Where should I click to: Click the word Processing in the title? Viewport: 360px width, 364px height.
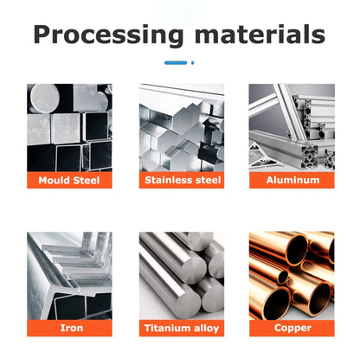108,35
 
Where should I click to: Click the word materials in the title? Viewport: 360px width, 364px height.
260,34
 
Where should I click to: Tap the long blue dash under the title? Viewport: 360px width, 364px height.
176,62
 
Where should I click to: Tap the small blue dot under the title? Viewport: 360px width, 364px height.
192,62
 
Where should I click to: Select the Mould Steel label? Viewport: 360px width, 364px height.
69,180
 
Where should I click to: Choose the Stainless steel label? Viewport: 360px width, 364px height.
182,180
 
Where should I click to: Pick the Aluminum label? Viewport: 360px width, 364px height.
292,180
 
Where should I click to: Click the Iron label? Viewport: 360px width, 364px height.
69,328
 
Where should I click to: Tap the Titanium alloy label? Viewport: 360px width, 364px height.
182,328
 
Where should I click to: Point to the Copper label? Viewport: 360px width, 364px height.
292,328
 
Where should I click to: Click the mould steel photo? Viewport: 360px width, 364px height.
69,128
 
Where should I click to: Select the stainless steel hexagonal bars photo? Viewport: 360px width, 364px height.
182,128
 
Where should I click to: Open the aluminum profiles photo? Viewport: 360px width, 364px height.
292,128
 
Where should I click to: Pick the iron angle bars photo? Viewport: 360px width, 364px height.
69,276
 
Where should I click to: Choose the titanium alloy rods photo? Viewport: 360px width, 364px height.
182,276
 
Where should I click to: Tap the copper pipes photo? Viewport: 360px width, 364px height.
292,276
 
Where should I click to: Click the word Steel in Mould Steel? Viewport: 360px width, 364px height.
87,181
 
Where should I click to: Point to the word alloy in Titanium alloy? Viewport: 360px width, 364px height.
207,329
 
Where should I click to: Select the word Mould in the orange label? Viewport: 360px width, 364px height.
55,181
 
